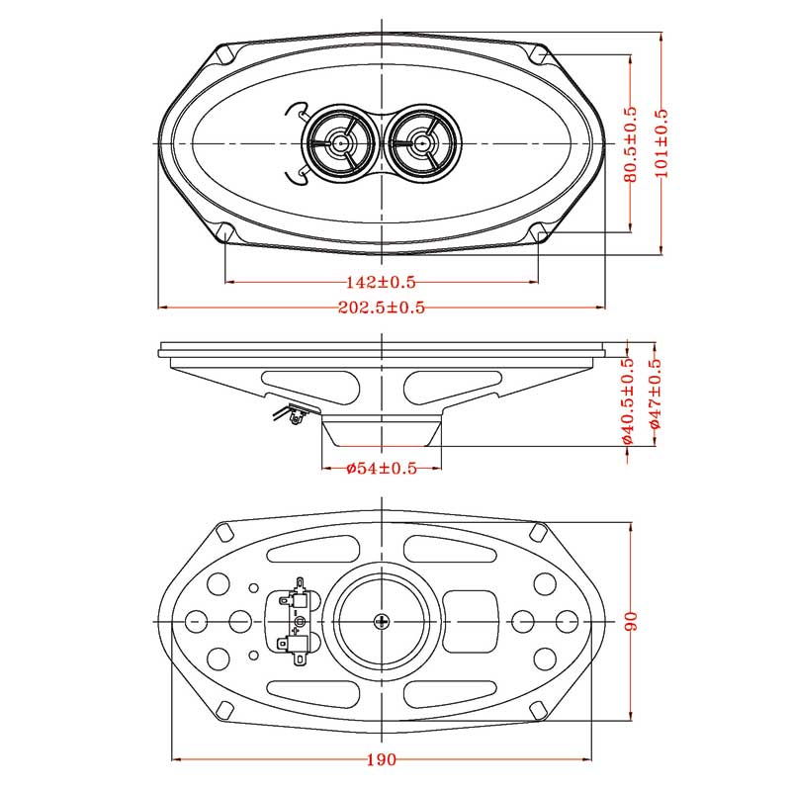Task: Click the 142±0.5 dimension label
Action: tap(382, 282)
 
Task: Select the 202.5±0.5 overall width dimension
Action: tap(382, 308)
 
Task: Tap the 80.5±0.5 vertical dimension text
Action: tap(631, 144)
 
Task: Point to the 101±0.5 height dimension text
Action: tap(661, 144)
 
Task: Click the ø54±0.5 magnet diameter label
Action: tap(382, 468)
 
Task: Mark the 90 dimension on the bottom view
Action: tap(631, 621)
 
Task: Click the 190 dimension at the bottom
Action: tap(382, 759)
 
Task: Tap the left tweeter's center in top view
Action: tap(341, 143)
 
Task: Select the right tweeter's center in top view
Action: tap(422, 143)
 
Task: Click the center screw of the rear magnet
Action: tap(383, 621)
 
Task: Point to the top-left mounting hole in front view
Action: tap(225, 51)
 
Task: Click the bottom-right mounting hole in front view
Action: tap(539, 233)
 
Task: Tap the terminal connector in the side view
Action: tap(293, 415)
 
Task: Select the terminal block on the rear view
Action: tap(296, 621)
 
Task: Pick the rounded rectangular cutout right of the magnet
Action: tap(471, 621)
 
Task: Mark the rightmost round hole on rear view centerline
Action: tap(567, 621)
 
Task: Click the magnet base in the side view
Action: tap(382, 433)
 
